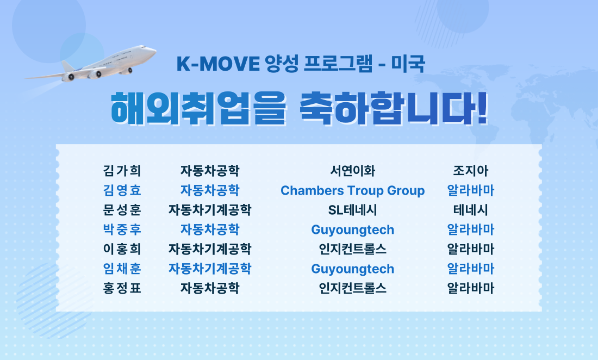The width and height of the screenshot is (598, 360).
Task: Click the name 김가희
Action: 122,170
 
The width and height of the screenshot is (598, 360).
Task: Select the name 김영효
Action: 122,190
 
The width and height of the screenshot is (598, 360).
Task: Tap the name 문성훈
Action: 122,210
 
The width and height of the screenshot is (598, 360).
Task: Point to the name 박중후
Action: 122,229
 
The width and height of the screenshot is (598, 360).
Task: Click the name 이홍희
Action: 122,249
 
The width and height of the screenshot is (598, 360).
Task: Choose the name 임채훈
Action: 122,269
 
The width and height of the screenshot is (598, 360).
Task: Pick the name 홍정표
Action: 122,288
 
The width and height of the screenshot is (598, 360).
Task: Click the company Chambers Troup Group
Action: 353,190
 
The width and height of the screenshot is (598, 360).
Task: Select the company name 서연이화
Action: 353,170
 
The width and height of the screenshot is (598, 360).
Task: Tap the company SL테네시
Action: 353,210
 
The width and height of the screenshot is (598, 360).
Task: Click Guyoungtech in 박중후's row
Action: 353,230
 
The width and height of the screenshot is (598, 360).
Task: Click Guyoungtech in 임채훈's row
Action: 353,269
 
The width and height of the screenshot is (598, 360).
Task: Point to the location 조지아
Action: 471,170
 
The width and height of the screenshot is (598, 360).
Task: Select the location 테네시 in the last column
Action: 471,210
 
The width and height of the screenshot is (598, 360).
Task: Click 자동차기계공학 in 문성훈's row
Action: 210,210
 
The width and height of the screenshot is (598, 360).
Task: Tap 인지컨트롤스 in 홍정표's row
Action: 353,288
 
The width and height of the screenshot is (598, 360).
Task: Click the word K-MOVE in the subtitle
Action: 218,64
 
